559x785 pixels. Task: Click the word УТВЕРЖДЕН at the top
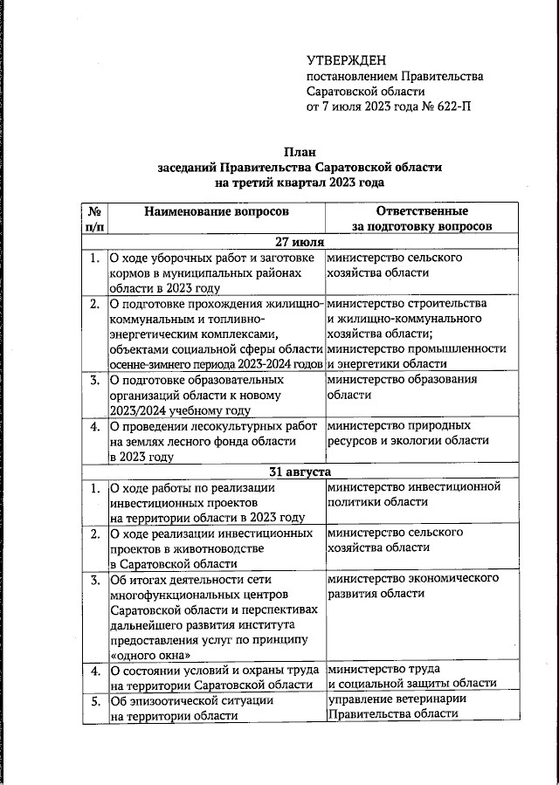[346, 60]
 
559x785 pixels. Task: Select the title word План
[300, 151]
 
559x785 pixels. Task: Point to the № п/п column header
[93, 218]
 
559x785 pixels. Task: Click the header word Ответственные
[421, 211]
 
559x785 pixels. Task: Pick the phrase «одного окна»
[148, 655]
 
